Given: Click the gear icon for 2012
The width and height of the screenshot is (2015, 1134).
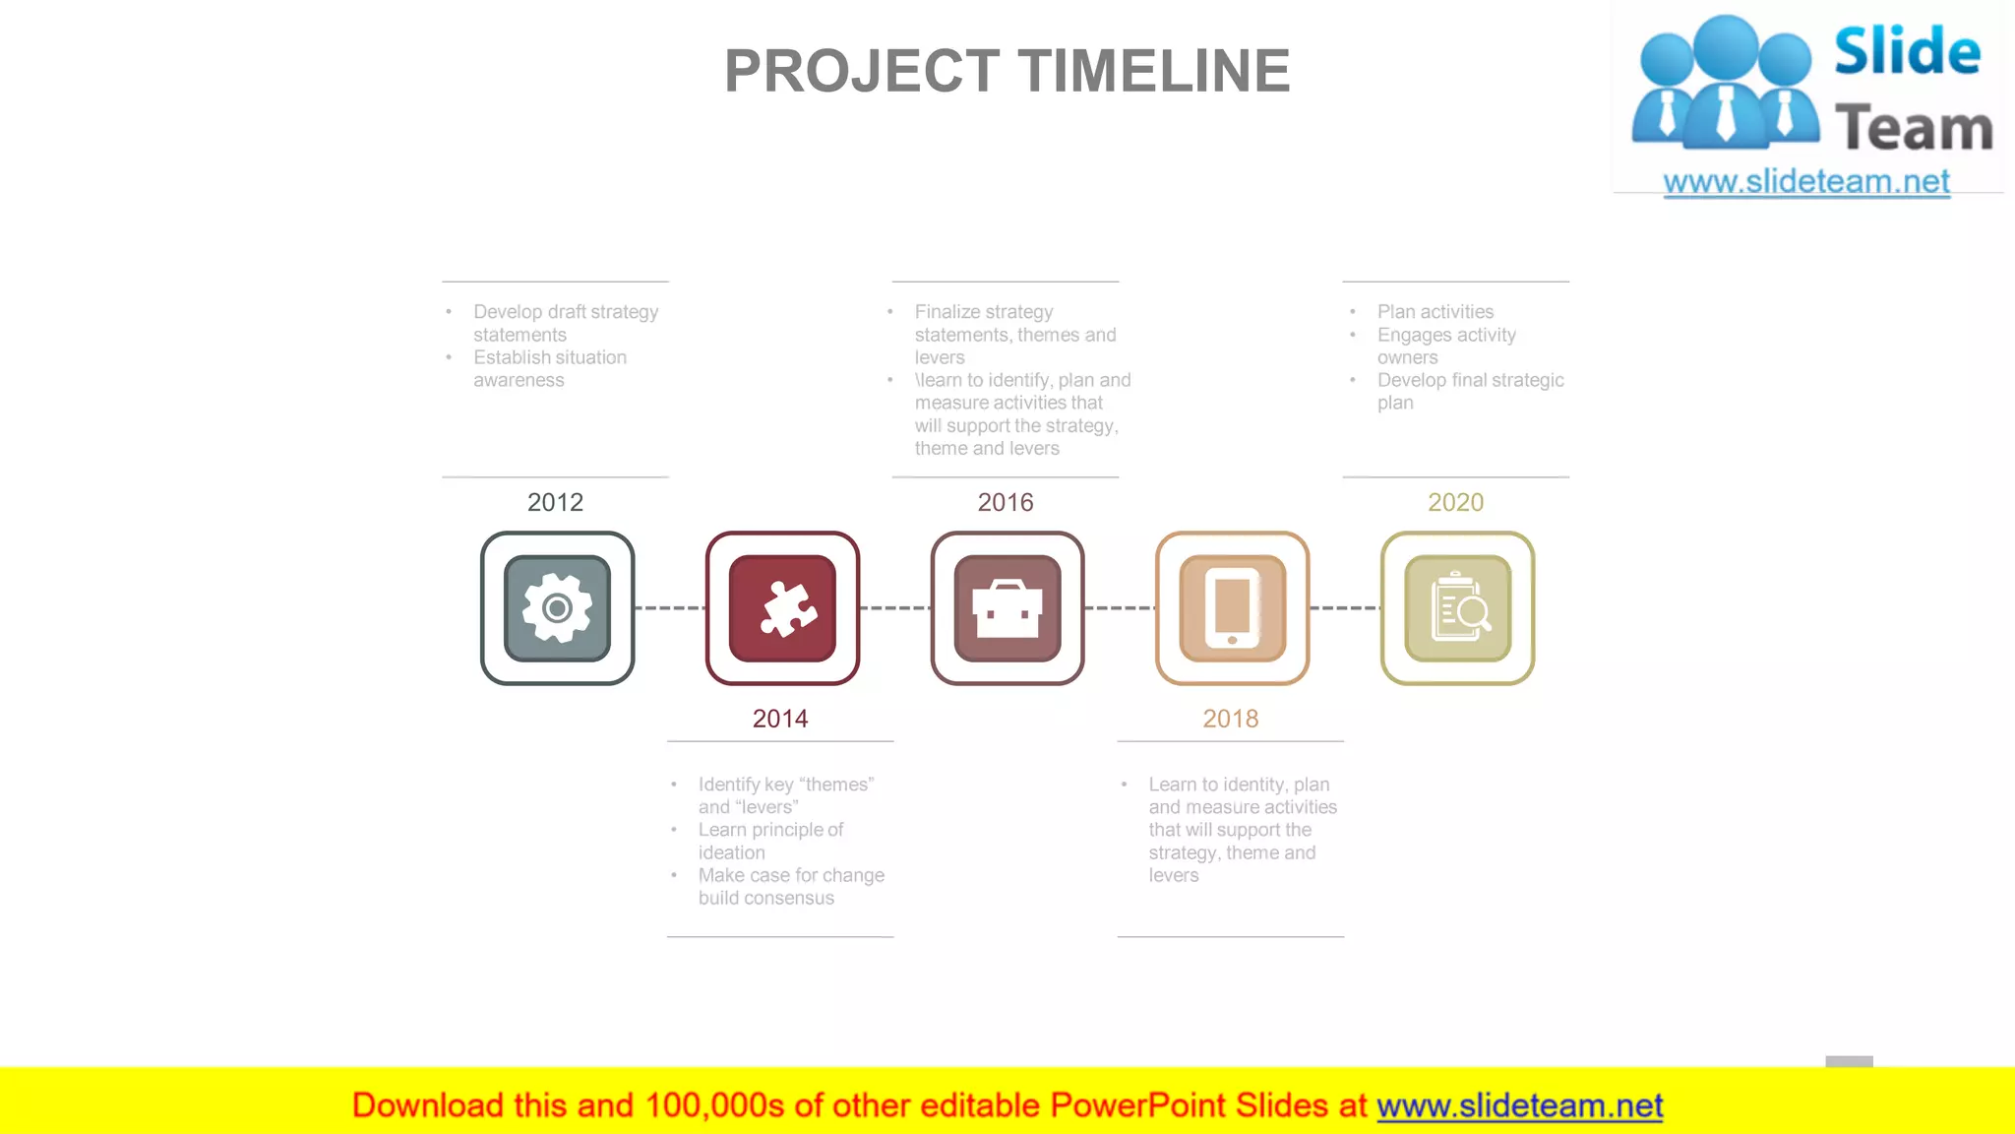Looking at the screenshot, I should coord(557,608).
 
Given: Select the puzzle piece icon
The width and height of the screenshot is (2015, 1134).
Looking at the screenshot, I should coord(782,608).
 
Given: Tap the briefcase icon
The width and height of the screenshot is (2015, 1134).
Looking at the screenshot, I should coord(1007,608).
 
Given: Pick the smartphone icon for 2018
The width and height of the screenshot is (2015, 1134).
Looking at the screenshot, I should coord(1232,608).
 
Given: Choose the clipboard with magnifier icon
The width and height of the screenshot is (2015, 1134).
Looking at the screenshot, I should coord(1457,608).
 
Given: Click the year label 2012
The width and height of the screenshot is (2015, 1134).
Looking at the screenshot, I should coord(555,502).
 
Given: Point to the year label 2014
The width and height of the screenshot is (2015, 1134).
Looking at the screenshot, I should coord(780,719).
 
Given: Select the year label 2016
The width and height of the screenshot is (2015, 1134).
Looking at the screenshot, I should coord(1006,502).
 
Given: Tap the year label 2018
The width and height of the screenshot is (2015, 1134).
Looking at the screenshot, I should coord(1231,719).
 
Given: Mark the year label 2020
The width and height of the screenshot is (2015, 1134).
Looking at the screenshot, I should coord(1455,502).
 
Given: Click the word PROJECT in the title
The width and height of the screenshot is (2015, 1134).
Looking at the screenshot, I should coord(862,71).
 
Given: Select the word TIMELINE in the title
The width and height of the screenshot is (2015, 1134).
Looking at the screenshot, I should coord(1153,71).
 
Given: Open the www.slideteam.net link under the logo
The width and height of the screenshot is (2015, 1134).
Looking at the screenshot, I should coord(1806,181).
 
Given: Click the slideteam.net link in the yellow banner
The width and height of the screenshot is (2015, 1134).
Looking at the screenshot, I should coord(1519,1105).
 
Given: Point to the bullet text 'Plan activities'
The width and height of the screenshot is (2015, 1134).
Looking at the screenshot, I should coord(1435,312).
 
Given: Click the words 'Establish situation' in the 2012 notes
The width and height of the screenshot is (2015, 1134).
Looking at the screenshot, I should coord(550,357).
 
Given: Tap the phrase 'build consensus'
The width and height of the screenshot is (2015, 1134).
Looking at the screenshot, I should coord(766,898).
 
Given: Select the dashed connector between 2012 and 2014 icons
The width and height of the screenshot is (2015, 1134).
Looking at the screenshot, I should coord(670,608).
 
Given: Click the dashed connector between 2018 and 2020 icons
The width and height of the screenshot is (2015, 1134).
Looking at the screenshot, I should coord(1345,608).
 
